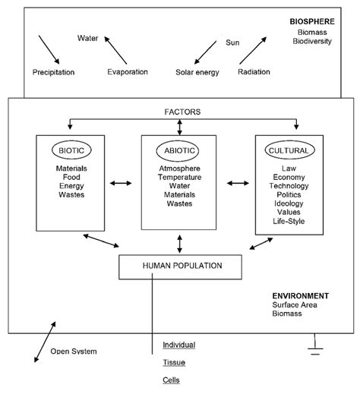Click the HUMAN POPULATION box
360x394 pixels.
coord(180,266)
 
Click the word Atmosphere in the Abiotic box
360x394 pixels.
coord(179,169)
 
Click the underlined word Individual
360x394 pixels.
coord(179,345)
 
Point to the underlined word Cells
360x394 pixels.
coord(172,380)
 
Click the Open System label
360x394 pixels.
coord(74,351)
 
